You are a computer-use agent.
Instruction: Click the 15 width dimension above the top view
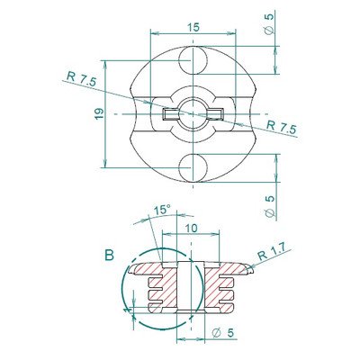pos(193,28)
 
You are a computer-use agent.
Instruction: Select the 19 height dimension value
pos(98,113)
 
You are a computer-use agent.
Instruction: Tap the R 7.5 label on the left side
pos(78,78)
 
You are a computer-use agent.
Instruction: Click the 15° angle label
pos(161,210)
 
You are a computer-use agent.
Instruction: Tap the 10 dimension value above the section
pos(191,229)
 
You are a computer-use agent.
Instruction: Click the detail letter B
pos(109,255)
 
